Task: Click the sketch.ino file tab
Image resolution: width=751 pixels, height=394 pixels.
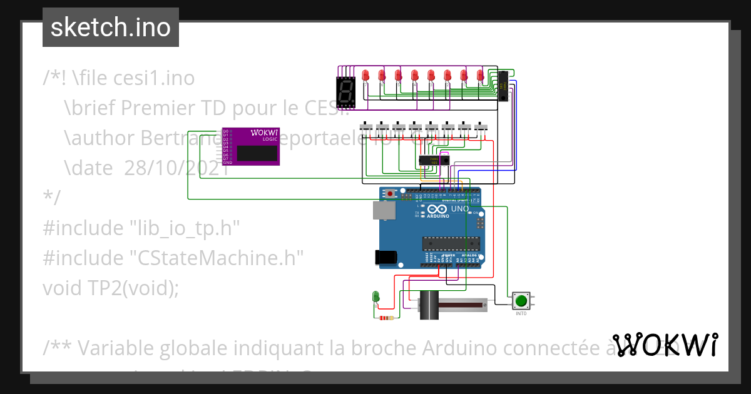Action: pyautogui.click(x=110, y=28)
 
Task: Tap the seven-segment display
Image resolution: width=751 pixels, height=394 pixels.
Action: pyautogui.click(x=345, y=92)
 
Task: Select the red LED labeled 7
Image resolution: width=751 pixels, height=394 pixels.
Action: pyautogui.click(x=366, y=76)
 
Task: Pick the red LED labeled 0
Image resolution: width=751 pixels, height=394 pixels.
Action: pyautogui.click(x=481, y=76)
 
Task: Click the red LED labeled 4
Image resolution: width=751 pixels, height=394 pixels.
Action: pyautogui.click(x=415, y=76)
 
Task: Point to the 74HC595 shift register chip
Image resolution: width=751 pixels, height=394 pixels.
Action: pyautogui.click(x=503, y=86)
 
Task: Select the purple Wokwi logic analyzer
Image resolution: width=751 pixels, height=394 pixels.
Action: pyautogui.click(x=251, y=147)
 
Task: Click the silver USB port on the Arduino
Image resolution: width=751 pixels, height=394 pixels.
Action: pyautogui.click(x=383, y=211)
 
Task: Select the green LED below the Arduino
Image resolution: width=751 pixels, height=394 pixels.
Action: pyautogui.click(x=375, y=296)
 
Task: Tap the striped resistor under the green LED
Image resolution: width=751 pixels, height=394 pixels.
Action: pyautogui.click(x=387, y=318)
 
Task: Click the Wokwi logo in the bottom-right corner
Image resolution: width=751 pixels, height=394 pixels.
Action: pyautogui.click(x=665, y=345)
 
